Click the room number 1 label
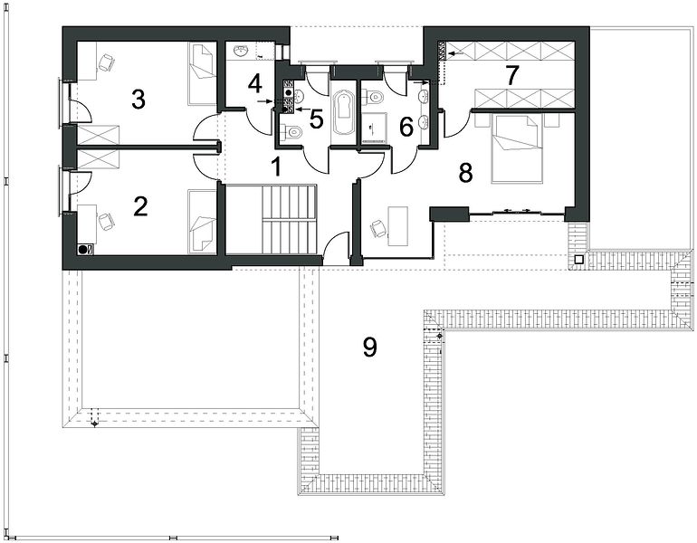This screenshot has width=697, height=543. [x=276, y=167]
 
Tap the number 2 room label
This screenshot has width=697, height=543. [x=140, y=206]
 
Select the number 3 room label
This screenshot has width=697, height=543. [x=138, y=100]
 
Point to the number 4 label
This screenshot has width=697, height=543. [x=255, y=83]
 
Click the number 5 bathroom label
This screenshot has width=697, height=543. [x=316, y=119]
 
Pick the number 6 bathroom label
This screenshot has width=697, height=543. [x=406, y=127]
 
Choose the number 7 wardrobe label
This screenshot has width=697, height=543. [x=511, y=75]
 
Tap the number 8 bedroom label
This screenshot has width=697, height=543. [x=465, y=173]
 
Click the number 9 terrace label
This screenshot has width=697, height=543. [x=370, y=347]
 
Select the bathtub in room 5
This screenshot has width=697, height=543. [x=344, y=113]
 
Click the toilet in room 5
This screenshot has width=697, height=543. [x=291, y=131]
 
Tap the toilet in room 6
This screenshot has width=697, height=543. [x=373, y=95]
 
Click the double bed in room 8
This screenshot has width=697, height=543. [x=517, y=148]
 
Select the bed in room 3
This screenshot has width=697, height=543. [x=202, y=74]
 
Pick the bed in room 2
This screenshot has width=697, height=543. [x=202, y=222]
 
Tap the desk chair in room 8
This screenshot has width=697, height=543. [x=378, y=228]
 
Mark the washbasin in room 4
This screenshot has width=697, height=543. [x=242, y=51]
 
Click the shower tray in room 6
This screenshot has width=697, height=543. [x=373, y=128]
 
